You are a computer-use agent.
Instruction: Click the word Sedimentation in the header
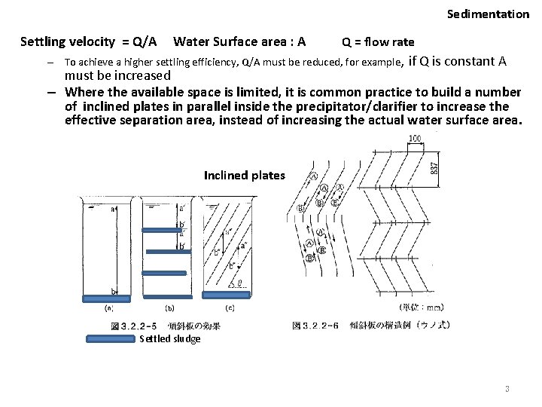pyautogui.click(x=488, y=14)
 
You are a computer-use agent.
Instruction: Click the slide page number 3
pyautogui.click(x=507, y=389)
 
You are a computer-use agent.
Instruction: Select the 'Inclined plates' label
pyautogui.click(x=244, y=175)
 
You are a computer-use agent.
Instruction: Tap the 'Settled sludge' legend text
pyautogui.click(x=170, y=339)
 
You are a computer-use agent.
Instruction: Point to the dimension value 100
pyautogui.click(x=414, y=139)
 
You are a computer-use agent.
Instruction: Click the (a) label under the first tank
pyautogui.click(x=109, y=307)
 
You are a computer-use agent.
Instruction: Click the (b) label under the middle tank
pyautogui.click(x=169, y=307)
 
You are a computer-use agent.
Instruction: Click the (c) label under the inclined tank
pyautogui.click(x=229, y=307)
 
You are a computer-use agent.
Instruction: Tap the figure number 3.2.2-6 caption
pyautogui.click(x=323, y=326)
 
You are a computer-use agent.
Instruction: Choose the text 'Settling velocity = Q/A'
pyautogui.click(x=89, y=39)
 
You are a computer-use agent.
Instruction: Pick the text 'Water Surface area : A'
pyautogui.click(x=239, y=39)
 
